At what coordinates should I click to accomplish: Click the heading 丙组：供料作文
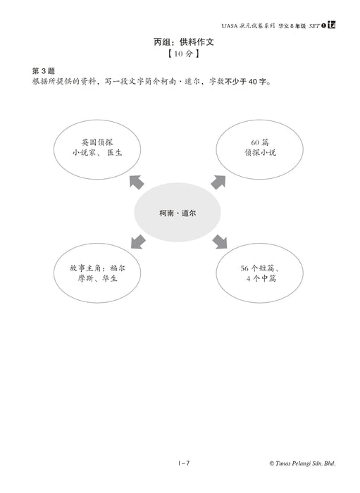click(x=184, y=42)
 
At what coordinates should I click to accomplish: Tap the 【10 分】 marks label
click(x=183, y=54)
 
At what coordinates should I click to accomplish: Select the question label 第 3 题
click(x=44, y=70)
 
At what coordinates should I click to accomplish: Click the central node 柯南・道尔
click(x=178, y=213)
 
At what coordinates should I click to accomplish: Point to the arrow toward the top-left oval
click(x=137, y=182)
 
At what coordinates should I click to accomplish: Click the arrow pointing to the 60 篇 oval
click(x=218, y=182)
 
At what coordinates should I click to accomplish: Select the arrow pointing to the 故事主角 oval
click(x=137, y=242)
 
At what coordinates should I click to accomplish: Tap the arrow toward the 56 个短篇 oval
click(x=220, y=242)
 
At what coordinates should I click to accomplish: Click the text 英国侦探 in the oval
click(x=97, y=142)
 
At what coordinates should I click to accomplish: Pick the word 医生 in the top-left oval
click(x=115, y=153)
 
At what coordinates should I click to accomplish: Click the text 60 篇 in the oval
click(x=260, y=142)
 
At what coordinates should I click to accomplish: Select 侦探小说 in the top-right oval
click(x=261, y=153)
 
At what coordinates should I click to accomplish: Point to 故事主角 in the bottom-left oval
click(x=85, y=268)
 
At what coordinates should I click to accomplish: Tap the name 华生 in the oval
click(x=109, y=278)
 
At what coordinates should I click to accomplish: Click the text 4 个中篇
click(x=261, y=278)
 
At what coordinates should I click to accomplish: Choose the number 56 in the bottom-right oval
click(x=244, y=268)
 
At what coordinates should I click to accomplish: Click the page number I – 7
click(x=184, y=463)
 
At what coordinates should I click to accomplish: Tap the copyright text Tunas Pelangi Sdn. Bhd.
click(x=306, y=463)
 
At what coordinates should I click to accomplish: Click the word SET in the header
click(x=314, y=26)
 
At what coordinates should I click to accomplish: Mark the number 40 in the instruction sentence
click(x=253, y=82)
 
